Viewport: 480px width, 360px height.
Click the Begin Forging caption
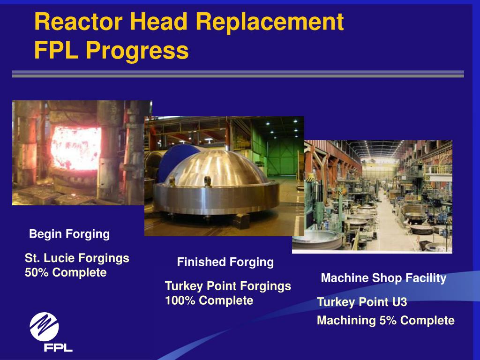(x=69, y=234)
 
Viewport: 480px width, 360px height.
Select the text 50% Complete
(x=66, y=272)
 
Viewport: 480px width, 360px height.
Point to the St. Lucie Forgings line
(x=77, y=258)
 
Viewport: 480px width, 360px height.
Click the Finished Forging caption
(x=225, y=262)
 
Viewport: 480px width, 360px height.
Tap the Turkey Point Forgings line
(x=228, y=286)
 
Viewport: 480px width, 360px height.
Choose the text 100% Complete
(x=209, y=300)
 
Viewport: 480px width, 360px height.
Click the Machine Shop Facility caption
(x=383, y=278)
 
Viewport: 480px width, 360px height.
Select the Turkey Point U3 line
(x=362, y=302)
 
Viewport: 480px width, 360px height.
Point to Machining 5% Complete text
(x=386, y=321)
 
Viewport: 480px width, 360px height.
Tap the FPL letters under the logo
(x=58, y=348)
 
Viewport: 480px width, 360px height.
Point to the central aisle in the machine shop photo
(x=389, y=220)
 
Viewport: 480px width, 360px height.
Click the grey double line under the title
(x=238, y=74)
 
